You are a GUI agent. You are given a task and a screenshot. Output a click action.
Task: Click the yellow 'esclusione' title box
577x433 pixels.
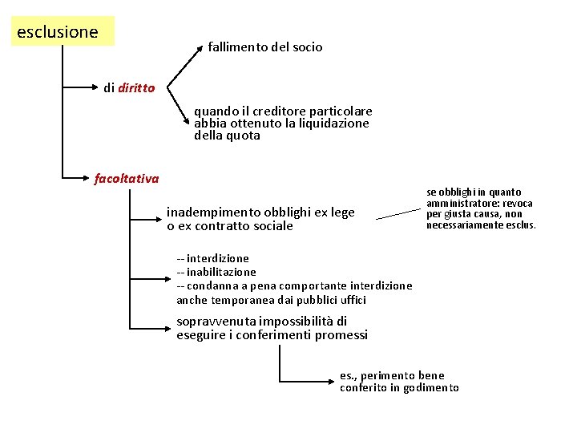63,32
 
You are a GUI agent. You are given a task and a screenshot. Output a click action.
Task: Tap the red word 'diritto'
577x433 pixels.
136,88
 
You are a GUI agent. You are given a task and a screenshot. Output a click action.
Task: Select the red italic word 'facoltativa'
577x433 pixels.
127,178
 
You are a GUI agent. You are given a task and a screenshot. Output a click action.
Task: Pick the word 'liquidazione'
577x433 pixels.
337,123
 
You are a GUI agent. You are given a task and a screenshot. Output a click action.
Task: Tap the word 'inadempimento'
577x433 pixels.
210,212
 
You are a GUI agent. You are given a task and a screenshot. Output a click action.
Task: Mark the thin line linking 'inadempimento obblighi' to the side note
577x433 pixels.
397,213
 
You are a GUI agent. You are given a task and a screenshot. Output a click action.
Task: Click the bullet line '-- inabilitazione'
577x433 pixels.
216,272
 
